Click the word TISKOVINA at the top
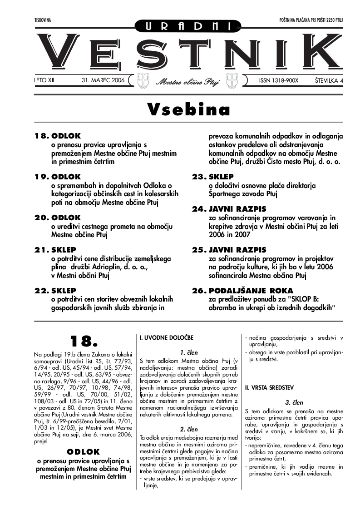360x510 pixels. [x=43, y=20]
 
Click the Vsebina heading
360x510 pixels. [x=188, y=110]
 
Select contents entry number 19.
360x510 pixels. [x=42, y=177]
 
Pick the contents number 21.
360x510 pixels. [x=42, y=250]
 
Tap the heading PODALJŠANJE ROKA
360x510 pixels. [x=251, y=291]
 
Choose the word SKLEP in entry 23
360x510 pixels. [x=221, y=177]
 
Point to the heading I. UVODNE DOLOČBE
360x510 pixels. [x=166, y=338]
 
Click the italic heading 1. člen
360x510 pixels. [x=188, y=352]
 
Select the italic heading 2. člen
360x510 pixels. [x=188, y=429]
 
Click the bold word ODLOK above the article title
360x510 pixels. [x=83, y=451]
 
